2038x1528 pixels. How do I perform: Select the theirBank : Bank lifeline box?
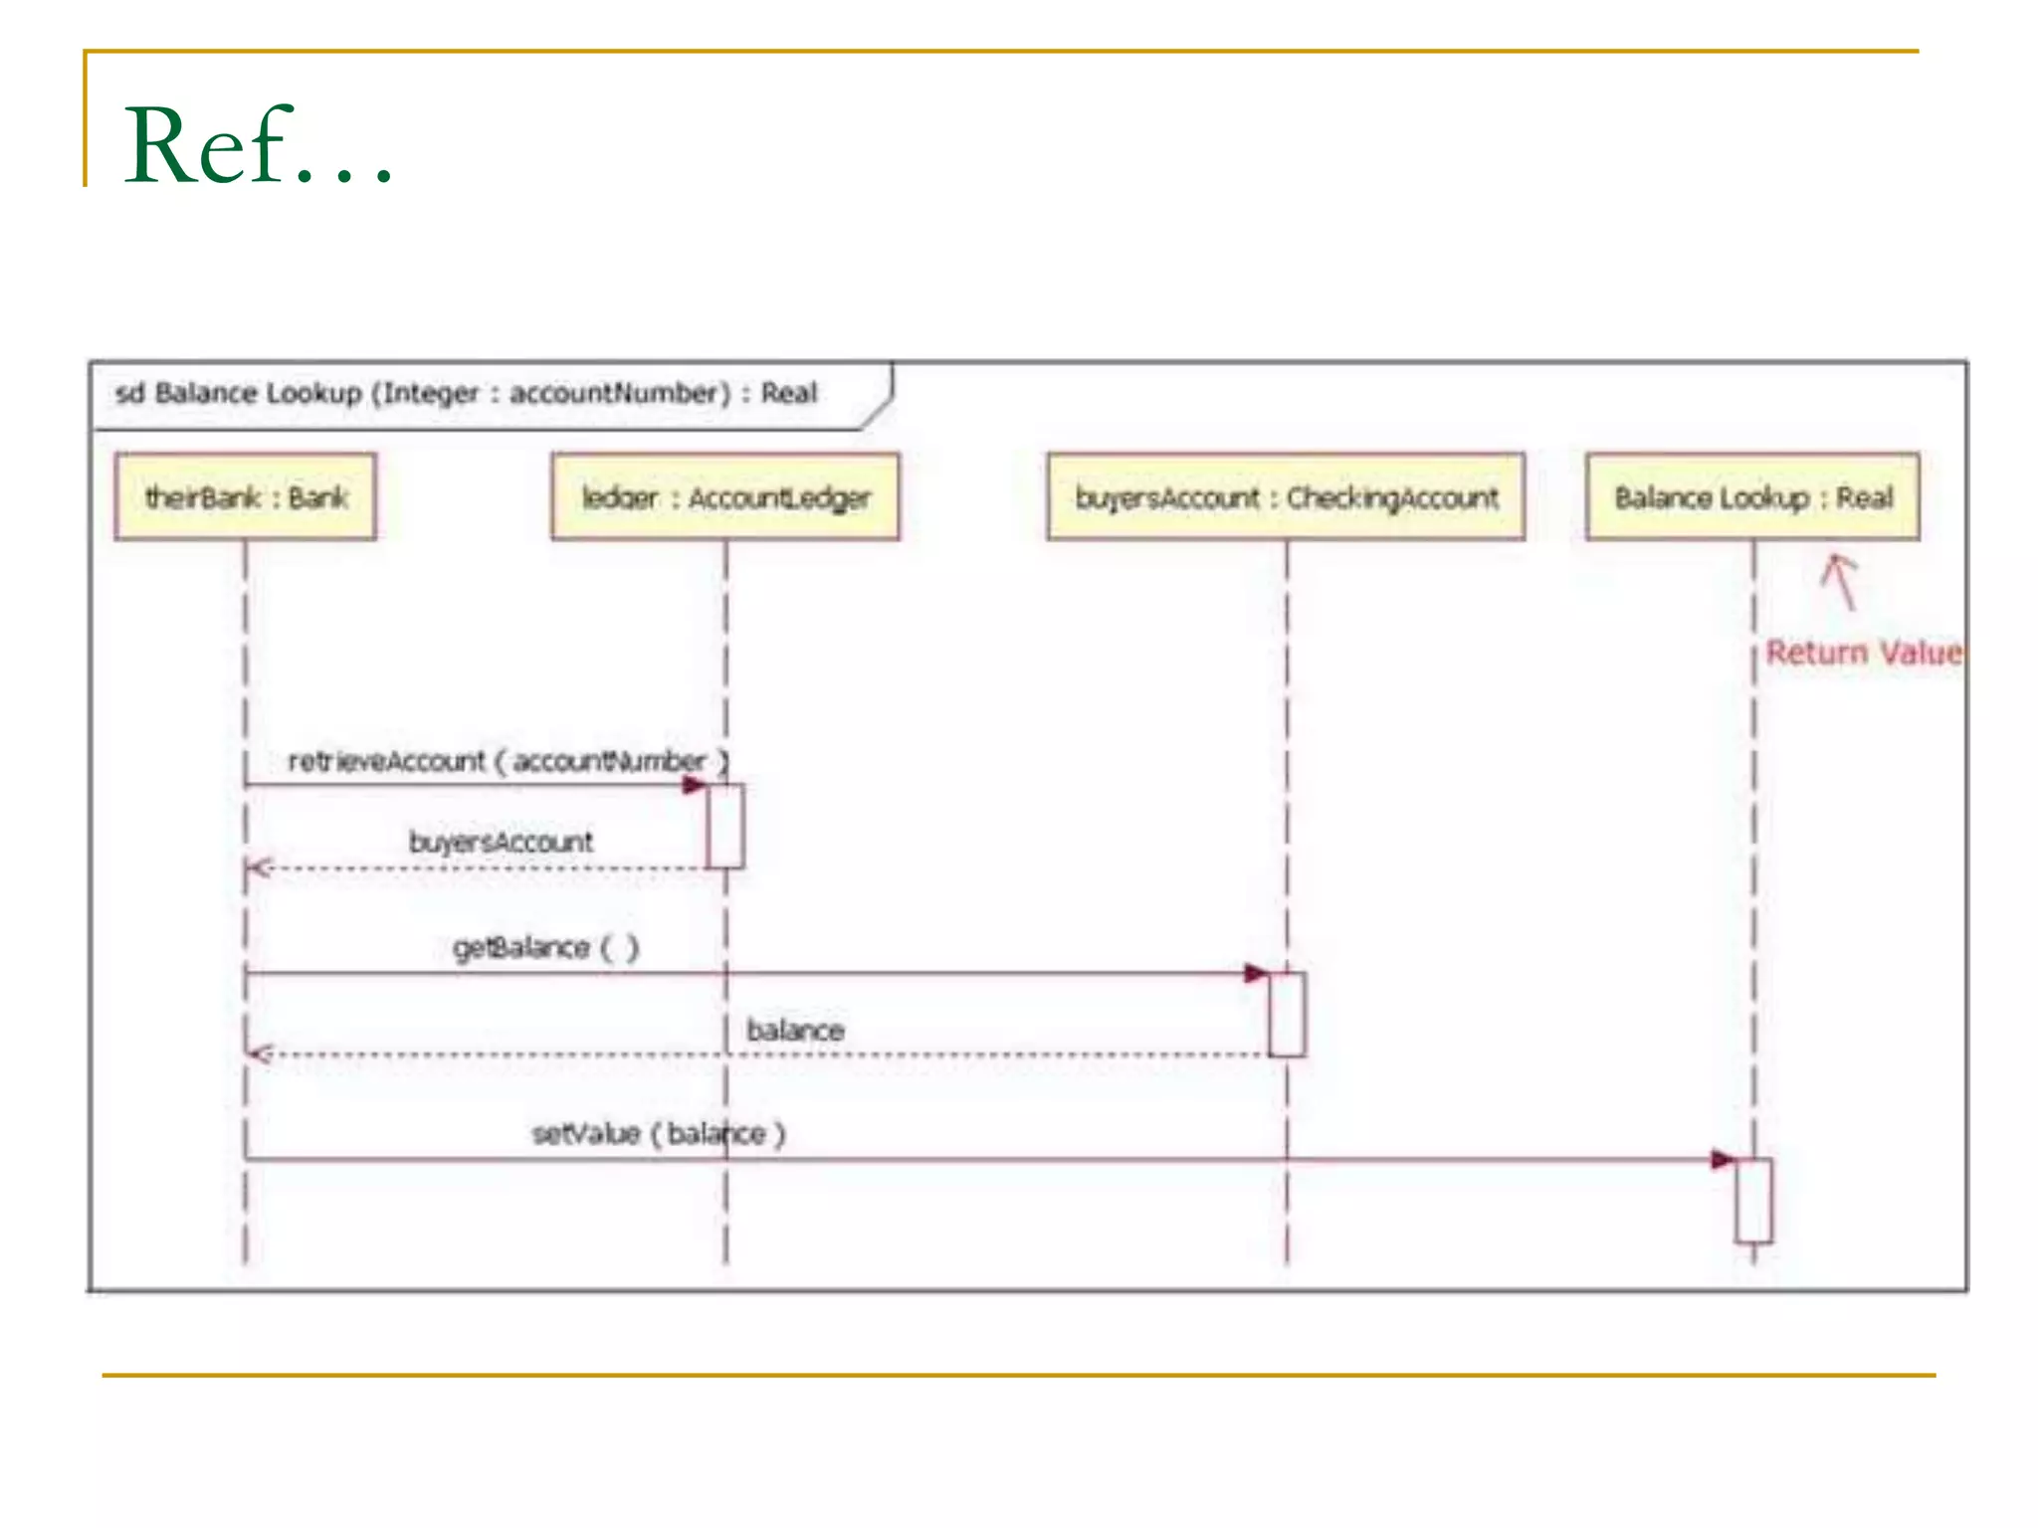point(246,497)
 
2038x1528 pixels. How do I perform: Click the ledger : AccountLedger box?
point(725,497)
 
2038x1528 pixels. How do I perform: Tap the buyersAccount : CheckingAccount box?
point(1286,497)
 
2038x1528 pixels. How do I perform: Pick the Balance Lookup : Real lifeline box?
point(1752,497)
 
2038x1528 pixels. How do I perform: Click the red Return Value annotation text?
point(1863,653)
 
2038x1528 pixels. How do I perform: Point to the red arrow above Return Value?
point(1841,581)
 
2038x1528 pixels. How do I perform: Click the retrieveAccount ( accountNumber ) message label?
point(508,761)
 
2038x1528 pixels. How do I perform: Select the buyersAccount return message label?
point(501,843)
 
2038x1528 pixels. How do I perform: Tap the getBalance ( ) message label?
point(545,947)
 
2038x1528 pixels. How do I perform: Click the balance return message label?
point(795,1031)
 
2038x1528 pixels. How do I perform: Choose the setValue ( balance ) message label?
point(659,1134)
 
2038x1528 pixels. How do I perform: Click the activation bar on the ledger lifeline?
point(725,826)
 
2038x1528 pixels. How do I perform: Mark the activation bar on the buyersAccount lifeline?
point(1287,1015)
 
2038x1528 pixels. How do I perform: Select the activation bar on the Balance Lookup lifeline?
point(1753,1201)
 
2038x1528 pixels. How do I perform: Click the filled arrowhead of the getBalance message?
point(1257,973)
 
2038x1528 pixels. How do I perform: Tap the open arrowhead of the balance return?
point(259,1053)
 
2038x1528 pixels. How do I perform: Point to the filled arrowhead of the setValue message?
point(1724,1160)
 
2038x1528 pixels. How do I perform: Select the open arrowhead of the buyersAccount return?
point(259,868)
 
